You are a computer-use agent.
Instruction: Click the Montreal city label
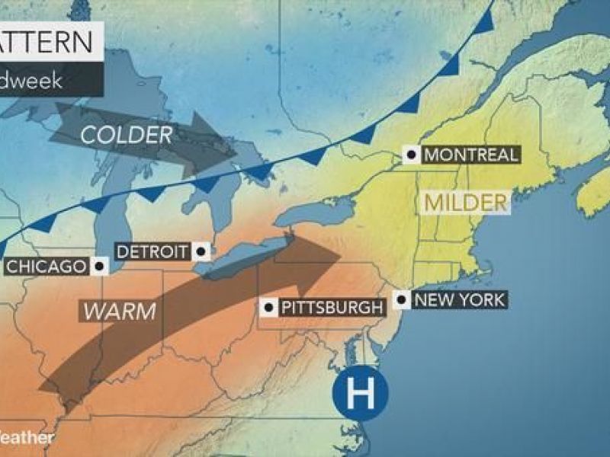(470, 155)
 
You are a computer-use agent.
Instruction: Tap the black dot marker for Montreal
(412, 155)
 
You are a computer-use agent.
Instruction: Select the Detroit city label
(153, 251)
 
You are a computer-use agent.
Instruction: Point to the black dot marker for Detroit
(201, 250)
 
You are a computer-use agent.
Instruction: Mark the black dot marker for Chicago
(98, 266)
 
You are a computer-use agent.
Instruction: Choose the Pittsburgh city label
(330, 308)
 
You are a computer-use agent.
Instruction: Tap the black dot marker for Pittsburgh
(268, 308)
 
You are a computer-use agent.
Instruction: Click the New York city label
(458, 299)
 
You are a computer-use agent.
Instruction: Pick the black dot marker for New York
(401, 299)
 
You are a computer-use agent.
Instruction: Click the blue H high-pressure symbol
(360, 393)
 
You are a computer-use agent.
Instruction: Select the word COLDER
(126, 136)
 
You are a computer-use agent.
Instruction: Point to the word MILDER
(465, 203)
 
